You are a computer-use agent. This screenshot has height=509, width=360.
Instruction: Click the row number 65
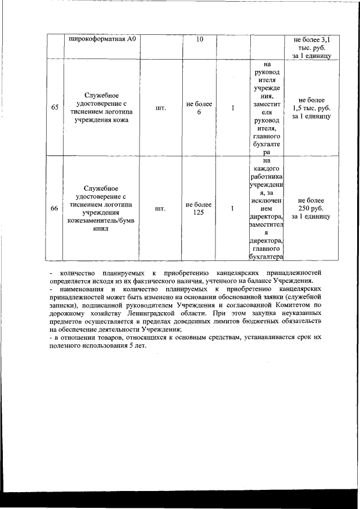[55, 108]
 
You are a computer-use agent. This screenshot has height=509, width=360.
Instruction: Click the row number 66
[55, 209]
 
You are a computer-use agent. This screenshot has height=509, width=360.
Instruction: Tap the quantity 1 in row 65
[232, 108]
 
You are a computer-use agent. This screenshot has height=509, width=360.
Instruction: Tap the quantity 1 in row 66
[232, 209]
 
